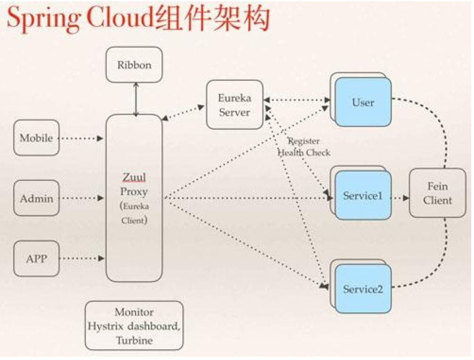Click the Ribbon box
pos(134,65)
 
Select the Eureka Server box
pos(235,105)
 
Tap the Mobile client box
pos(36,138)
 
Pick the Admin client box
pos(36,198)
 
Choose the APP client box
pos(36,258)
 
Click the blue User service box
pos(363,103)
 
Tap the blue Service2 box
pos(363,289)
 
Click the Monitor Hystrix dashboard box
pos(134,326)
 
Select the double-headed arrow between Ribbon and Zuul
pos(136,99)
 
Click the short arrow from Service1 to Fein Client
pos(400,198)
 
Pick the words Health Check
pos(304,153)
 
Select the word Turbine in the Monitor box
pos(134,340)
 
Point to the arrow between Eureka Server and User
pos(297,100)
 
